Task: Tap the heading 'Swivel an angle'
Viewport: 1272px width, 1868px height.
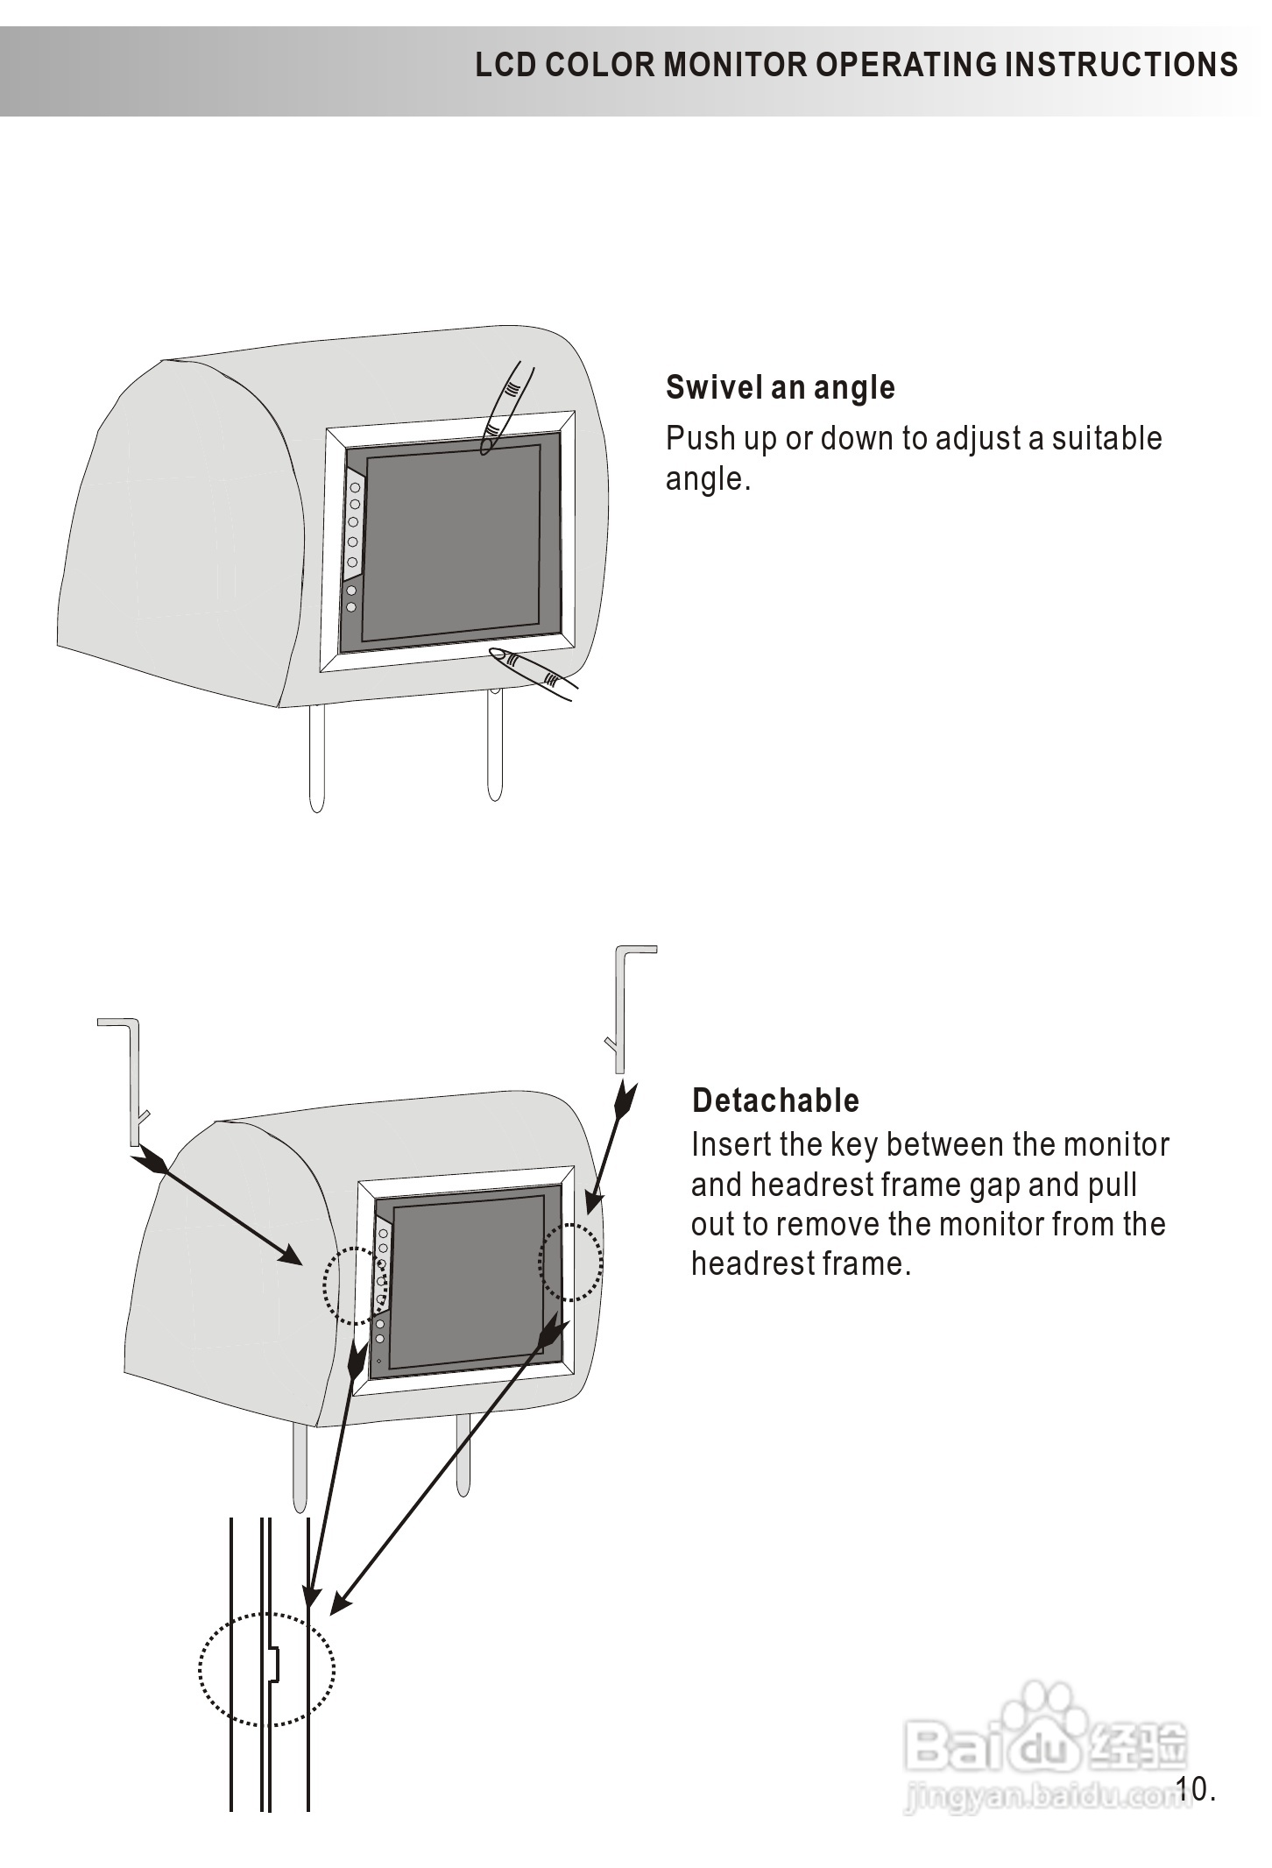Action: point(780,387)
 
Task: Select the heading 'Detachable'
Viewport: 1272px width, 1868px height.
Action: point(775,1100)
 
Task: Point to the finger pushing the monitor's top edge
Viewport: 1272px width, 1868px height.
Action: point(505,407)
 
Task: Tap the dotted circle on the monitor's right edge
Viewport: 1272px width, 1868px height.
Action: point(570,1263)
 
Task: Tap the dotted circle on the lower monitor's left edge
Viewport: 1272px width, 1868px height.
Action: point(355,1286)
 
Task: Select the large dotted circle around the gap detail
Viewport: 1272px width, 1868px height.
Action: point(266,1669)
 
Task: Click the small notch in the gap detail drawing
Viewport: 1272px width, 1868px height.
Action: point(273,1664)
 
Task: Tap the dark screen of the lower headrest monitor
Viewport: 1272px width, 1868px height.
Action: point(467,1281)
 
